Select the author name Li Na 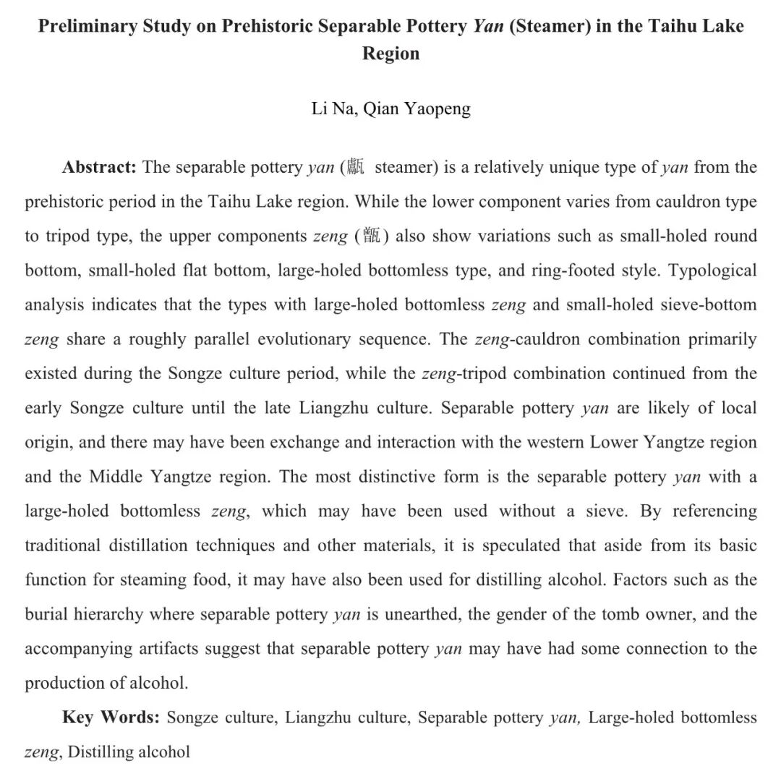330,109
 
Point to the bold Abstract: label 99,168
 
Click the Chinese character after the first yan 354,168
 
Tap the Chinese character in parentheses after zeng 371,237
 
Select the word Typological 712,271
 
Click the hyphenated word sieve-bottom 709,305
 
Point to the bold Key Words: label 111,718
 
